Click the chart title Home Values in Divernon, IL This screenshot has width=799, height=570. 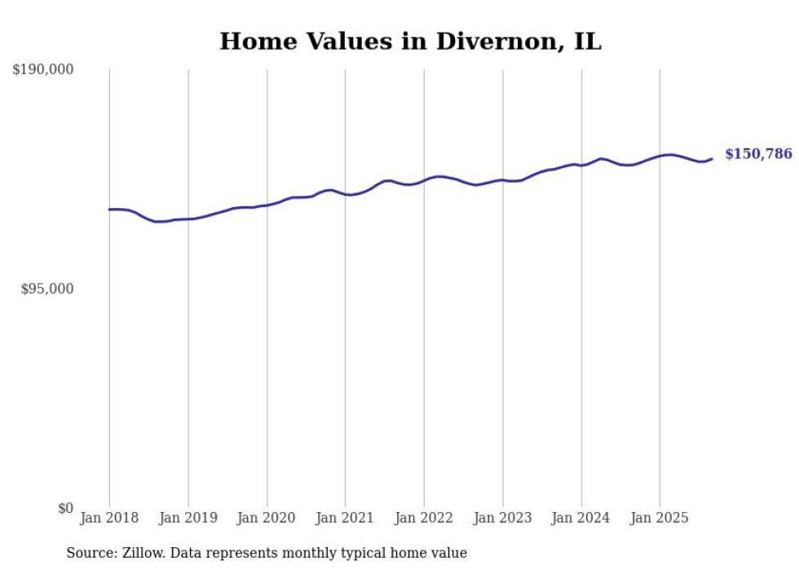pyautogui.click(x=410, y=42)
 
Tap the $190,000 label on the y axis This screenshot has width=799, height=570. pyautogui.click(x=43, y=70)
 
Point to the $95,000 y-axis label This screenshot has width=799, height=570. pyautogui.click(x=46, y=289)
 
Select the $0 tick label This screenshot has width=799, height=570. pyautogui.click(x=65, y=509)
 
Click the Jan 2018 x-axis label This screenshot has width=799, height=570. pyautogui.click(x=109, y=518)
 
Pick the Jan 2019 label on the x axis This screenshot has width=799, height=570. pyautogui.click(x=188, y=518)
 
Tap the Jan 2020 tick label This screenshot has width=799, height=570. pyautogui.click(x=267, y=518)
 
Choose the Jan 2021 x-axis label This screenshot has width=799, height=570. pyautogui.click(x=345, y=518)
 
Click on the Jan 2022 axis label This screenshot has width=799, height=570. pyautogui.click(x=424, y=518)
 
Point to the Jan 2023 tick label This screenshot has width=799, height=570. pyautogui.click(x=503, y=518)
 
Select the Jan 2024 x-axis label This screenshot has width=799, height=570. pyautogui.click(x=581, y=518)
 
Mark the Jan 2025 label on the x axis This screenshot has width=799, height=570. pyautogui.click(x=660, y=518)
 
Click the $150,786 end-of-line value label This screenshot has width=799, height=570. pyautogui.click(x=758, y=154)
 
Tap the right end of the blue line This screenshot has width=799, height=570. pyautogui.click(x=712, y=159)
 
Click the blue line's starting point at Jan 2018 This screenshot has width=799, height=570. pyautogui.click(x=109, y=210)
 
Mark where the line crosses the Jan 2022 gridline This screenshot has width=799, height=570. pyautogui.click(x=424, y=180)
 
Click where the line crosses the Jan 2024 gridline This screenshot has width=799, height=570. pyautogui.click(x=581, y=166)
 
